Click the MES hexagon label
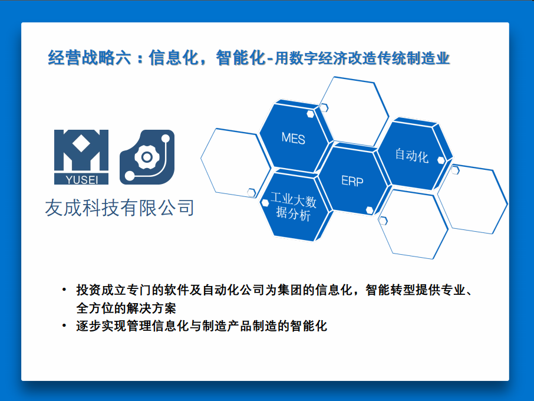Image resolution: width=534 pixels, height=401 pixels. [x=293, y=139]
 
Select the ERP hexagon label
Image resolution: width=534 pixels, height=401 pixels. [x=352, y=181]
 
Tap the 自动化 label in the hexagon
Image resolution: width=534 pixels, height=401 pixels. [x=411, y=155]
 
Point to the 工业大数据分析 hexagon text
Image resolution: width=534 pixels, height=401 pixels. [x=293, y=206]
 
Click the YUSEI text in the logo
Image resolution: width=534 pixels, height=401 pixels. [x=82, y=179]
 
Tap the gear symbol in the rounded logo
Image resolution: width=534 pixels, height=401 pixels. [x=147, y=157]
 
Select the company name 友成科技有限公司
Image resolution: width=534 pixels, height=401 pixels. [x=120, y=208]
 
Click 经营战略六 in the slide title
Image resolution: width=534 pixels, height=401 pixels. [x=89, y=57]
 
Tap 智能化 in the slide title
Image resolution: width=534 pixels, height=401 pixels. [x=241, y=57]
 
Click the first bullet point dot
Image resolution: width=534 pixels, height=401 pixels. [x=64, y=290]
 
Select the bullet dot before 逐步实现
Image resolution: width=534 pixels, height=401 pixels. [x=64, y=326]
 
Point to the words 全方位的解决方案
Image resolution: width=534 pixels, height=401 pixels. [x=126, y=308]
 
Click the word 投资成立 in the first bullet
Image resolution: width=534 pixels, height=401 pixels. [x=101, y=290]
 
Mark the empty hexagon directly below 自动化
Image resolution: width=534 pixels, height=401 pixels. [x=413, y=224]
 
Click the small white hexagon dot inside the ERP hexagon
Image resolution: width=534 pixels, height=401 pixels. [x=370, y=210]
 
